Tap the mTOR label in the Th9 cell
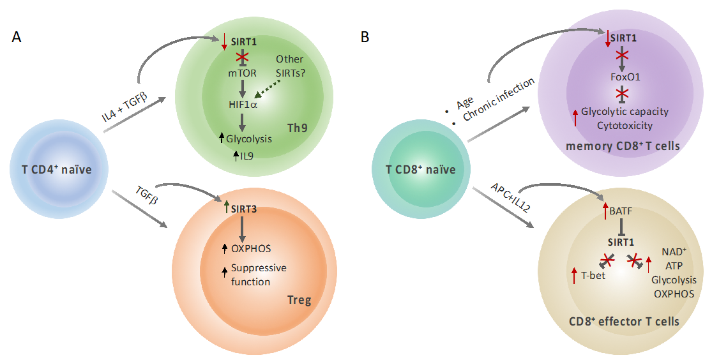pyautogui.click(x=243, y=73)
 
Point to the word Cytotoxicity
pyautogui.click(x=625, y=125)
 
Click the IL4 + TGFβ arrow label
pyautogui.click(x=125, y=102)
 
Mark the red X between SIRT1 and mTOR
pyautogui.click(x=243, y=57)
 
